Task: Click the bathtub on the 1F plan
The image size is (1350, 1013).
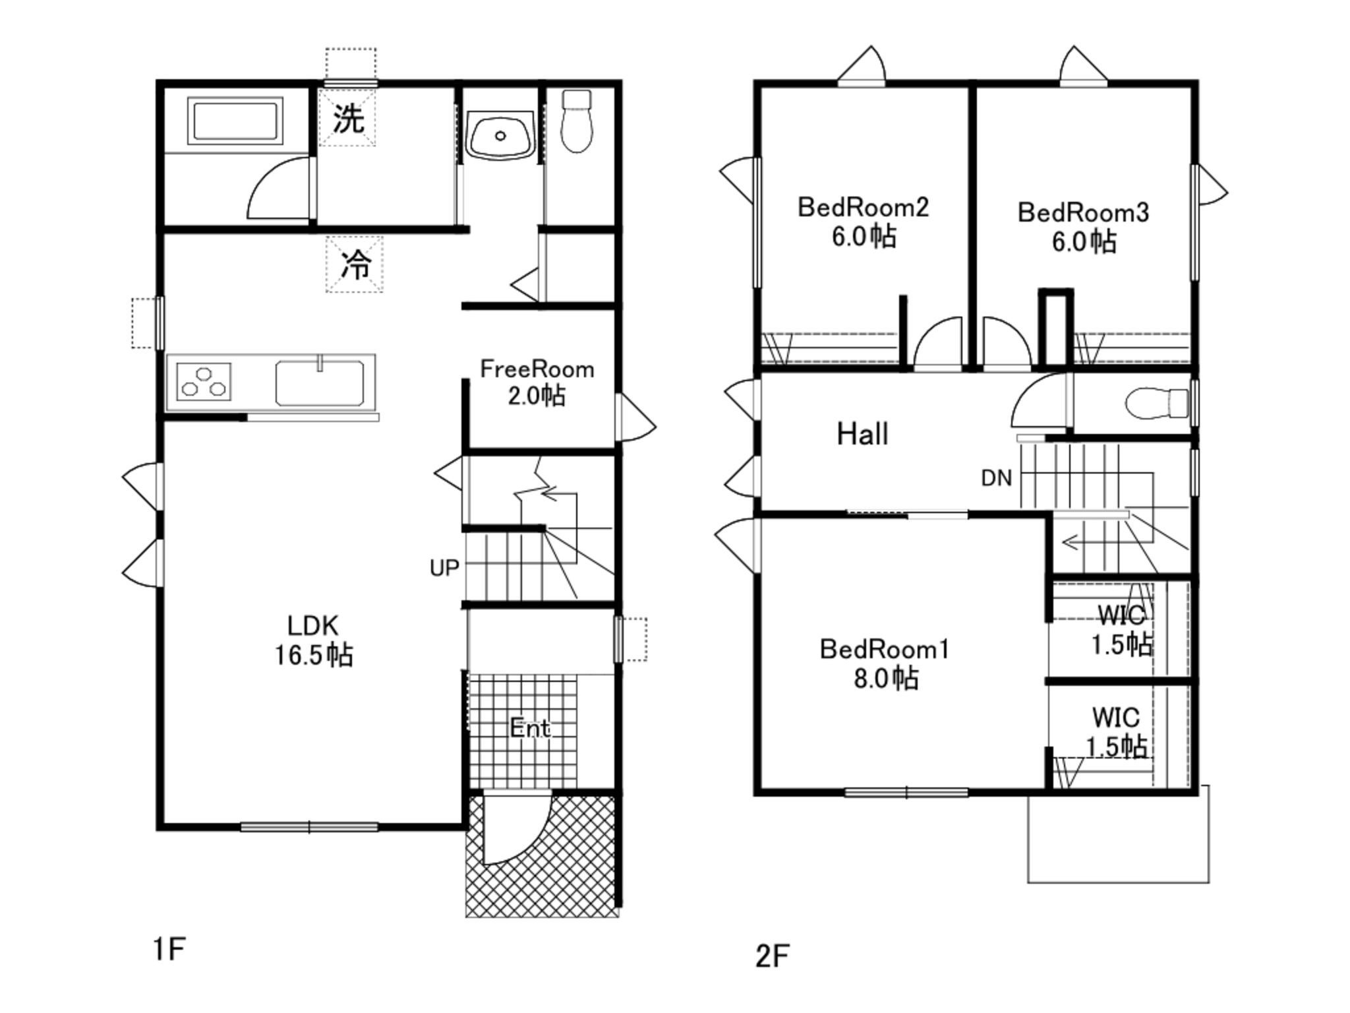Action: [235, 121]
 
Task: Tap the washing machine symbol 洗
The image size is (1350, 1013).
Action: [348, 119]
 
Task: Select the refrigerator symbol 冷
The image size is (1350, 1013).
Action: [355, 264]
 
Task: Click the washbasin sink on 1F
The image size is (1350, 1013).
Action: [500, 135]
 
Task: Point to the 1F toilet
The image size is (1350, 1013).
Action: [577, 122]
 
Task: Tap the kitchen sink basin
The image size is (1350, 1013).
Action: [320, 383]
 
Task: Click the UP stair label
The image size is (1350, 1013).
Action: [444, 568]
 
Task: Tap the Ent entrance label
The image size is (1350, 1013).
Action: [530, 728]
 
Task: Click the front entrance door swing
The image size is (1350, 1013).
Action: [514, 831]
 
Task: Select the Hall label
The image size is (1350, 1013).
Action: [862, 434]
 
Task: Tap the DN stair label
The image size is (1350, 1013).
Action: [996, 478]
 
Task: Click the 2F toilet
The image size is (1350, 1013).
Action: [1157, 403]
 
